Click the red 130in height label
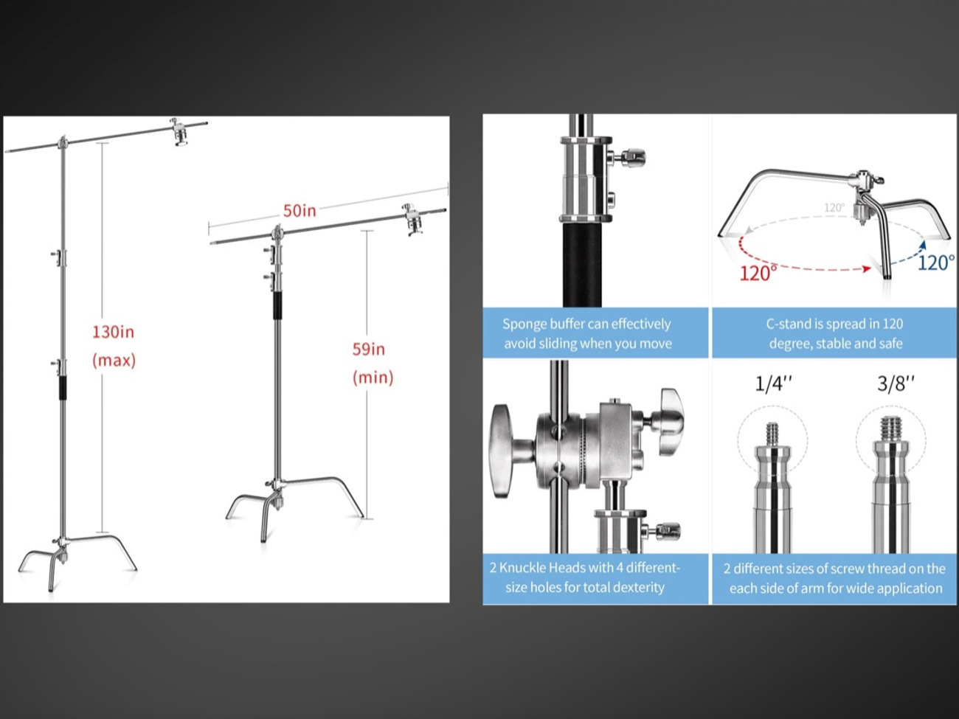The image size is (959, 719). click(113, 333)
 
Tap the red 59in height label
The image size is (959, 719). click(369, 350)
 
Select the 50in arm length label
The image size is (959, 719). click(300, 211)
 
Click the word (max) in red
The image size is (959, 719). click(114, 361)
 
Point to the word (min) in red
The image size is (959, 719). click(373, 377)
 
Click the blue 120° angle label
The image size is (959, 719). click(936, 263)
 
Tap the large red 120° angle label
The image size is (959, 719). click(758, 274)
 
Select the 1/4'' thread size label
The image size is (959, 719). click(774, 383)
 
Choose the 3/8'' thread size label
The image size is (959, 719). click(896, 383)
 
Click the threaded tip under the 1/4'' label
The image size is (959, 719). click(772, 434)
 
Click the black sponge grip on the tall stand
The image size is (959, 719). click(63, 387)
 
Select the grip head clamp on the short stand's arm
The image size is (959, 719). click(413, 220)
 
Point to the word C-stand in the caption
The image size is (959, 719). click(788, 324)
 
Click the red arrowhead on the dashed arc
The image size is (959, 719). click(866, 269)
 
